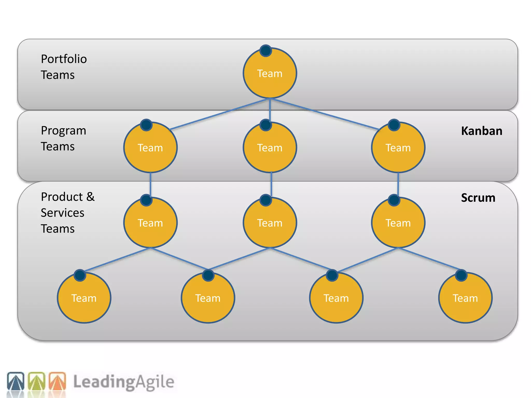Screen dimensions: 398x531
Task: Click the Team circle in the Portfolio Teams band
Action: pyautogui.click(x=270, y=73)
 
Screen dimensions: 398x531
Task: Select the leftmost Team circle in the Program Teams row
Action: pyautogui.click(x=150, y=148)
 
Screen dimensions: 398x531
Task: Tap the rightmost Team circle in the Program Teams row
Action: pyautogui.click(x=398, y=148)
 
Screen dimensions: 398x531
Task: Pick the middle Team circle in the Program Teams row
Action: pyautogui.click(x=270, y=148)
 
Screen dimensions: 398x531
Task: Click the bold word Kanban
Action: pyautogui.click(x=481, y=131)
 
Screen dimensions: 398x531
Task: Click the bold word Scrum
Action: pyautogui.click(x=478, y=198)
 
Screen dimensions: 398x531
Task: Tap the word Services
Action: pyautogui.click(x=62, y=213)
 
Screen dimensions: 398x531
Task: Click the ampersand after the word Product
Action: pyautogui.click(x=90, y=197)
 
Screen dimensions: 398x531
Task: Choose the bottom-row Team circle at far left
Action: pyautogui.click(x=84, y=298)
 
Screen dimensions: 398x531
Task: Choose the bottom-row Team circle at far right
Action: pyautogui.click(x=465, y=298)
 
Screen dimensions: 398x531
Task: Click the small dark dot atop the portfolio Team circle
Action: pyautogui.click(x=266, y=51)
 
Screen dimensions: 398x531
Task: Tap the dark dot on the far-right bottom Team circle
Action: pyautogui.click(x=461, y=275)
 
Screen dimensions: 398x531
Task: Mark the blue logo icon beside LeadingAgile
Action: pyautogui.click(x=16, y=381)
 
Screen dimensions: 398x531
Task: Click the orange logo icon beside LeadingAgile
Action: pyautogui.click(x=57, y=381)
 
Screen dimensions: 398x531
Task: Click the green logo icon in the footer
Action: pyautogui.click(x=37, y=381)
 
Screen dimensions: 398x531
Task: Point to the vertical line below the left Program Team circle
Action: pyautogui.click(x=150, y=184)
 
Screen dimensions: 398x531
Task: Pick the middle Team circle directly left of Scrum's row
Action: pyautogui.click(x=270, y=223)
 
